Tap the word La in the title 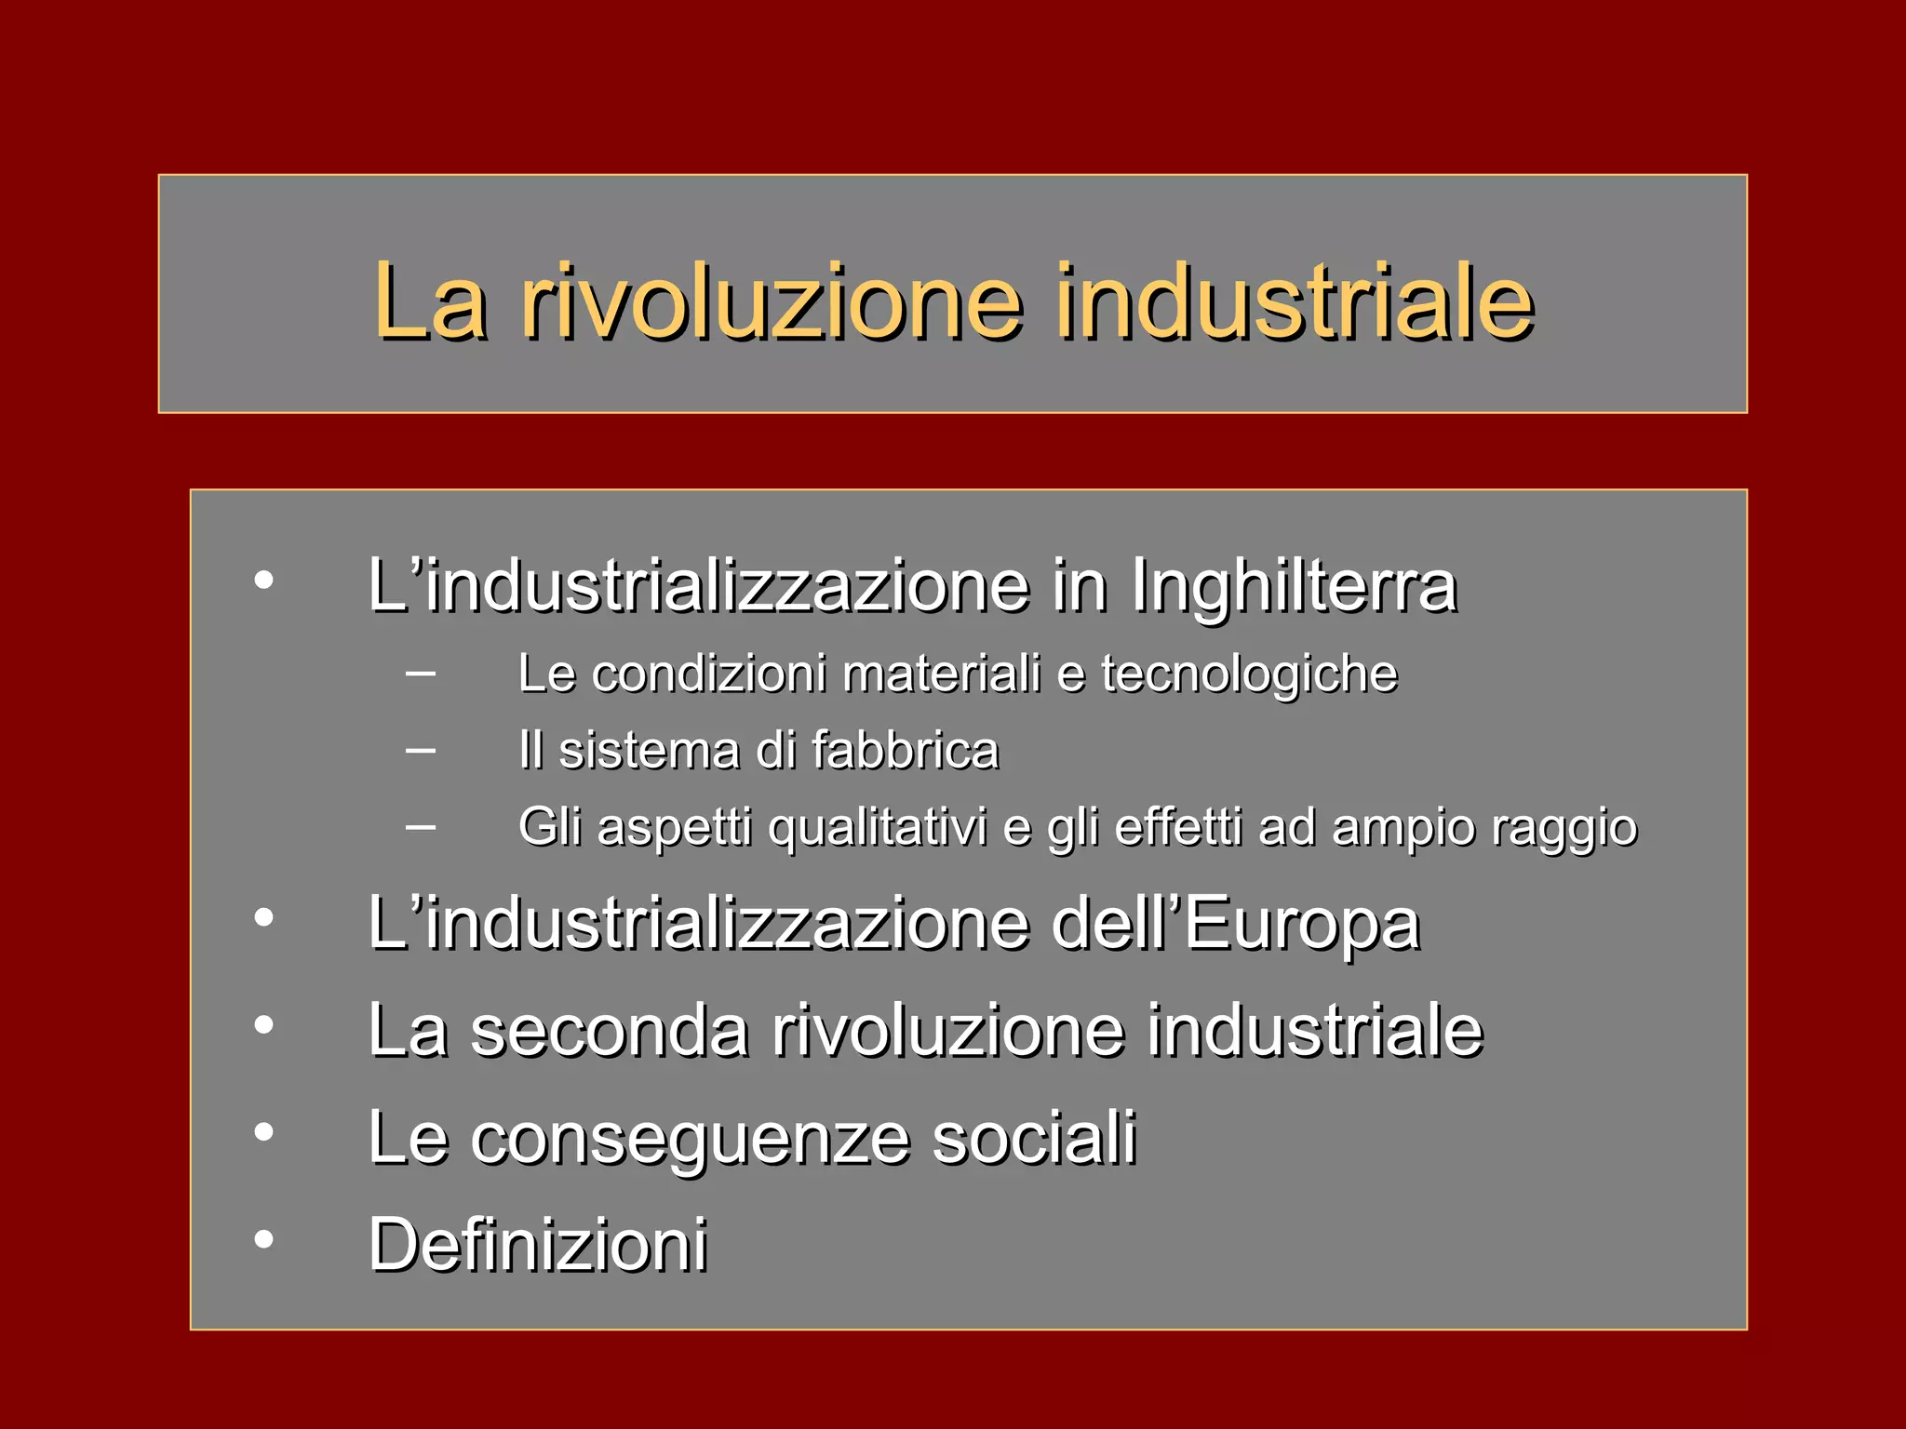click(430, 302)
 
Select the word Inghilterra click(1294, 588)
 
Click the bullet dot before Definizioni click(264, 1239)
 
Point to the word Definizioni click(538, 1245)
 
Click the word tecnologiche click(1249, 674)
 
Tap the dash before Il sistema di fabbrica click(421, 748)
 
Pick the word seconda click(610, 1031)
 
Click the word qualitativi click(877, 828)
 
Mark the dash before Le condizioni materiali click(421, 671)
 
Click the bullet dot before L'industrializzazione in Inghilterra click(264, 581)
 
